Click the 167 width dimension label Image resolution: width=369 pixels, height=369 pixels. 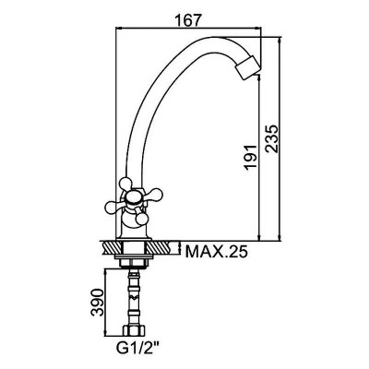pos(187,20)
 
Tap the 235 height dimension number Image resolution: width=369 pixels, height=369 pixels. pos(272,138)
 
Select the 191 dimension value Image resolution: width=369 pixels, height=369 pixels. pos(250,157)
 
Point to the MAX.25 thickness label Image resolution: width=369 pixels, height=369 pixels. pos(217,252)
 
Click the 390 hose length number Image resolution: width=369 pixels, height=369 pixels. pos(97,303)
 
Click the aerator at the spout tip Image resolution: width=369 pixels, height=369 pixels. pos(248,68)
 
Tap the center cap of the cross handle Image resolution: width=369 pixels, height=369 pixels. pos(133,198)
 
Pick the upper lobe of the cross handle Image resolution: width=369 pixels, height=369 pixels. pos(125,184)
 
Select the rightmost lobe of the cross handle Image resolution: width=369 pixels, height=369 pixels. pos(154,194)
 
